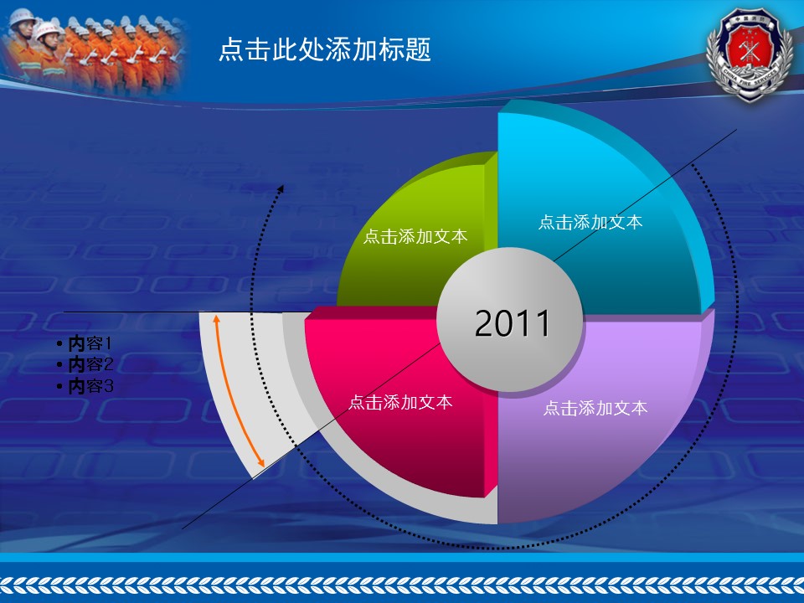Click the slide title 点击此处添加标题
325,49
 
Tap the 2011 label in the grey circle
513,323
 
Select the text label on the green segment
415,236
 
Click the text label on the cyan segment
590,222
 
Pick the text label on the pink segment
400,402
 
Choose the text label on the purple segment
595,408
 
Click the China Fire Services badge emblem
750,54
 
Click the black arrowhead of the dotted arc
281,188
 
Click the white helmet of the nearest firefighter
21,17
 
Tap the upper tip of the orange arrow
216,317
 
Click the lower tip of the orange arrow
262,465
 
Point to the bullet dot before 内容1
60,343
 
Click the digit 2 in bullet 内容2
108,364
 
